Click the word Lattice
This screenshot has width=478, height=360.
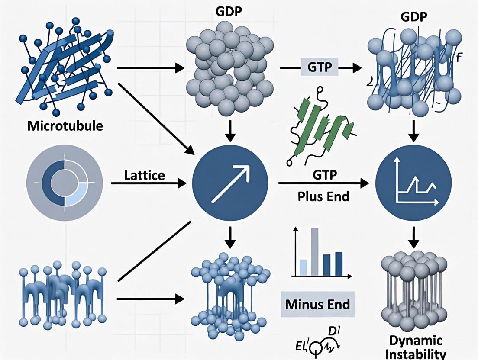tap(144, 175)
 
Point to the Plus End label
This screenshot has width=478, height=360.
tap(323, 196)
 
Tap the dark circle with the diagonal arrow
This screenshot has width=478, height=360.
tap(230, 183)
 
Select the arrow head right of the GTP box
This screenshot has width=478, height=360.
tap(356, 67)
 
